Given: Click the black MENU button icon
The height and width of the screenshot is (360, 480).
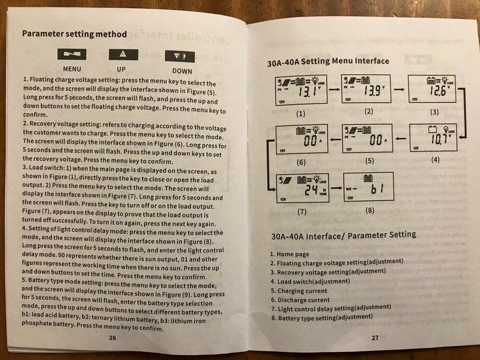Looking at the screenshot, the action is [72, 54].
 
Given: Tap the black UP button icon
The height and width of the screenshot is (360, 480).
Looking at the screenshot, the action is [123, 55].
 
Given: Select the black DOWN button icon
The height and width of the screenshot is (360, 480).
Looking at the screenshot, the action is [180, 56].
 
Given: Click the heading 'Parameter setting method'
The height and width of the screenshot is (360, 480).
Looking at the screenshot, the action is [74, 34].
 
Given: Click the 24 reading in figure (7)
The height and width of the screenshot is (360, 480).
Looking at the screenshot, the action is [312, 190].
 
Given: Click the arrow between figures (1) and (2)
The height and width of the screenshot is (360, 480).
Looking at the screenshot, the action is [334, 90].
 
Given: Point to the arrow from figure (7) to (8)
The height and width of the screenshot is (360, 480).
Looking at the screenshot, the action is [336, 188].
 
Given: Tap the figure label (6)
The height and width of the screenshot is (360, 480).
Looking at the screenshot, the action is [301, 162].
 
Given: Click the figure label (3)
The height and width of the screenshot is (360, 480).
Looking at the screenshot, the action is [434, 112].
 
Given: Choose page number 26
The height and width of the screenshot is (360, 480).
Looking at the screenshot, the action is [112, 337].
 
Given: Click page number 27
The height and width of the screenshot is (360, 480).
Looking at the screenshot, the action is [375, 337].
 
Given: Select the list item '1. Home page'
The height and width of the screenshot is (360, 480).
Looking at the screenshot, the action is [290, 254].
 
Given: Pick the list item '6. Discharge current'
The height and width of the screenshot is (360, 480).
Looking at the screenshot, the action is [300, 300].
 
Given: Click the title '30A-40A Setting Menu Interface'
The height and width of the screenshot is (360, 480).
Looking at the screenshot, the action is [328, 62].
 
